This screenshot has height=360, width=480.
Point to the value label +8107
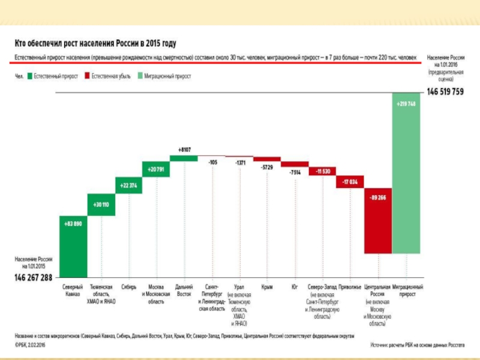pyautogui.click(x=184, y=149)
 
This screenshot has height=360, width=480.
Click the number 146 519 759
pyautogui.click(x=445, y=92)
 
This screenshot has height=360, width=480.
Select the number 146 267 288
pyautogui.click(x=34, y=278)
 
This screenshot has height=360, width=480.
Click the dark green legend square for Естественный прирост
pyautogui.click(x=30, y=77)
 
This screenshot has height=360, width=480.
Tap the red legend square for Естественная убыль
pyautogui.click(x=88, y=77)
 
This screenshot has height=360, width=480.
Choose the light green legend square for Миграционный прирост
pyautogui.click(x=139, y=77)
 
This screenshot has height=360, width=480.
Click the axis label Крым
pyautogui.click(x=267, y=287)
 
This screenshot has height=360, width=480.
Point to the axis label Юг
pyautogui.click(x=295, y=287)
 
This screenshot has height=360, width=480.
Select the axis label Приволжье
pyautogui.click(x=350, y=287)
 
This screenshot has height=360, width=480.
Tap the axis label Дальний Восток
pyautogui.click(x=184, y=291)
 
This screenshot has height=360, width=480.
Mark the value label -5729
pyautogui.click(x=267, y=167)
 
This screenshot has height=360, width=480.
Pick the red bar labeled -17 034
pyautogui.click(x=350, y=181)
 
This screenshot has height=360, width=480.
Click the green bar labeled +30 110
pyautogui.click(x=101, y=205)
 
